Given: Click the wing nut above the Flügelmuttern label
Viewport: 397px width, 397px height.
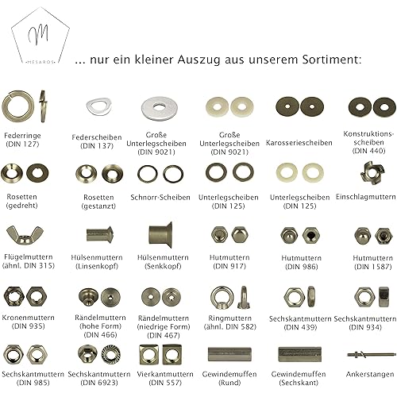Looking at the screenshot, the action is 25,235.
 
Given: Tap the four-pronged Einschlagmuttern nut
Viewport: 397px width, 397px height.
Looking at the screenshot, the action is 372,173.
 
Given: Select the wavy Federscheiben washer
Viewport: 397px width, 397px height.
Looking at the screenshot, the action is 98,107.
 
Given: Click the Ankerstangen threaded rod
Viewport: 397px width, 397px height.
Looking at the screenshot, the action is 370,354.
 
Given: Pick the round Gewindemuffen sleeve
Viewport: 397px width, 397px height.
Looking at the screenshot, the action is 229,355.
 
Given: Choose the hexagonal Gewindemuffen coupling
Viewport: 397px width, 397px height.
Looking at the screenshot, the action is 299,354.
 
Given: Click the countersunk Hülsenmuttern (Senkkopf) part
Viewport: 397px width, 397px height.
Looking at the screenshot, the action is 160,235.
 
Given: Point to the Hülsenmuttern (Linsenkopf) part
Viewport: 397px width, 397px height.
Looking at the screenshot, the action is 100,234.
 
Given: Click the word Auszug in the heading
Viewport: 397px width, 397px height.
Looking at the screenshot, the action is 198,60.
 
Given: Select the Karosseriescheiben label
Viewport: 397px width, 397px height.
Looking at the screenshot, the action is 299,143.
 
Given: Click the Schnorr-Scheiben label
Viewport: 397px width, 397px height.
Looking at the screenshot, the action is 160,197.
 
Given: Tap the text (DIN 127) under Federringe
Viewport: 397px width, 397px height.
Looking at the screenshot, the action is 22,145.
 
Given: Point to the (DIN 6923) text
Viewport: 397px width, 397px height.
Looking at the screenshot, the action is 99,383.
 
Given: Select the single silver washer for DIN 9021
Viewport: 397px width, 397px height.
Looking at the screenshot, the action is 159,107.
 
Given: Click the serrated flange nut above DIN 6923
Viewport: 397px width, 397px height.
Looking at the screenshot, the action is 111,354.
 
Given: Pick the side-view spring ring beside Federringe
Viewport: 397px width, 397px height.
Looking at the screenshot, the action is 42,106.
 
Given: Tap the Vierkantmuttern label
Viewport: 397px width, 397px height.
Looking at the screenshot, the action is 165,374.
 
